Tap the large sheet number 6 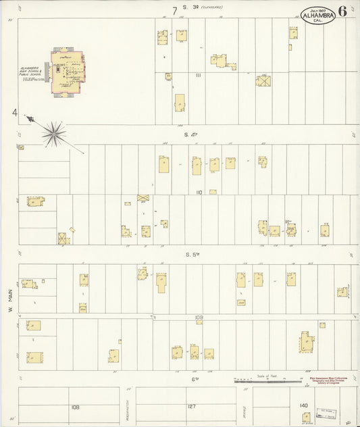click(x=344, y=11)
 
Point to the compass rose click(x=53, y=132)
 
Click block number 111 click(x=199, y=76)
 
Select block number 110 click(x=199, y=193)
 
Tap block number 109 click(x=199, y=316)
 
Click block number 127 click(x=190, y=407)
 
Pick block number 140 click(x=303, y=405)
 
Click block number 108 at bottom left click(x=75, y=407)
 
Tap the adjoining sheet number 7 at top click(x=174, y=10)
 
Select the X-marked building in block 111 click(x=263, y=81)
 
